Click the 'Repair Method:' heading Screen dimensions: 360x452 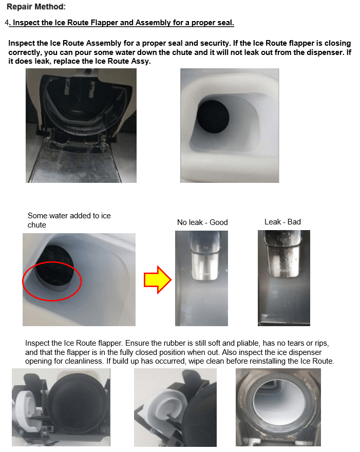(x=36, y=7)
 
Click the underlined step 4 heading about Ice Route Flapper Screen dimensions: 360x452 (x=121, y=23)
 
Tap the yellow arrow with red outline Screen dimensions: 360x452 (x=158, y=279)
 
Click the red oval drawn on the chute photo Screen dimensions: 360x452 (x=52, y=281)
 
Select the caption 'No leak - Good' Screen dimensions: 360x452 (x=202, y=222)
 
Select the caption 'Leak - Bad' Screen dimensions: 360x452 (x=282, y=222)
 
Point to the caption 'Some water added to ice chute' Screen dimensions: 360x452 (x=69, y=220)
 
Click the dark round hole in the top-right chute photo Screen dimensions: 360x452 (x=213, y=117)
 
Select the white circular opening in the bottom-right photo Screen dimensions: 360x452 (x=278, y=404)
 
